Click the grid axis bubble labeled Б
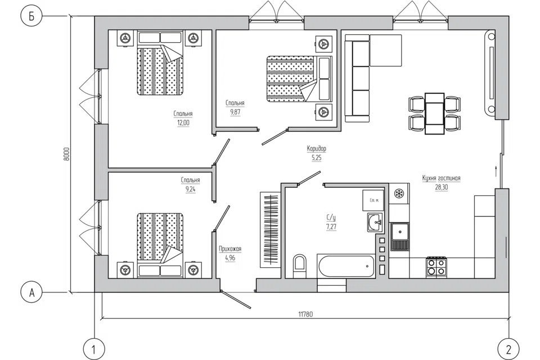[x=31, y=16]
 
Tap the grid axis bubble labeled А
[x=31, y=292]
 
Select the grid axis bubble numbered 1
[x=94, y=350]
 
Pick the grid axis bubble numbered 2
[x=508, y=350]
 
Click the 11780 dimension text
[x=305, y=314]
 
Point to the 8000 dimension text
[x=67, y=154]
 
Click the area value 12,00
[x=183, y=123]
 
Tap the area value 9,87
[x=235, y=112]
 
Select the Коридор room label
[x=317, y=148]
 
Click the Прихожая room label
[x=230, y=249]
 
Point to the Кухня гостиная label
[x=441, y=178]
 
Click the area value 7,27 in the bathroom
[x=331, y=227]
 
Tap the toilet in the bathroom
[x=300, y=265]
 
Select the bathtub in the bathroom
[x=346, y=266]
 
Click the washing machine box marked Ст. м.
[x=373, y=200]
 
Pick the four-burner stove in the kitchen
[x=436, y=267]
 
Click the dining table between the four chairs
[x=434, y=113]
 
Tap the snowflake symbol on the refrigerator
[x=399, y=193]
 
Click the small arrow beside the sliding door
[x=496, y=171]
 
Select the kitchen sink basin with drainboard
[x=399, y=237]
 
